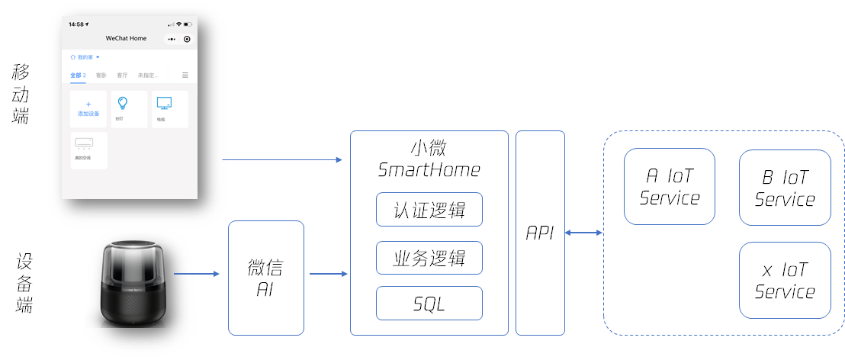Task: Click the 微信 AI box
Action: tap(266, 278)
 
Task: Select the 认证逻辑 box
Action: tap(429, 209)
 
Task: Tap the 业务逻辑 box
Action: tap(429, 258)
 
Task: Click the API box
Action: tap(540, 233)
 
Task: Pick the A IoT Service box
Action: tap(670, 187)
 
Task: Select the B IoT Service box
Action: tap(785, 188)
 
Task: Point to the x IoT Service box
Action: tap(785, 280)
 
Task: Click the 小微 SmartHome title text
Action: tap(429, 159)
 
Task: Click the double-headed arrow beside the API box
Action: tap(584, 233)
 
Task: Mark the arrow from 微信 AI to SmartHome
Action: tap(327, 273)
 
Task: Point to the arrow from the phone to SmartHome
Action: tap(282, 159)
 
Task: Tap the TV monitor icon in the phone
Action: tap(164, 103)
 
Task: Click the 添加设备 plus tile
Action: tap(88, 108)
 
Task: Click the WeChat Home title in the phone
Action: tap(126, 38)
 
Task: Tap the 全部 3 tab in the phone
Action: tap(78, 76)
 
